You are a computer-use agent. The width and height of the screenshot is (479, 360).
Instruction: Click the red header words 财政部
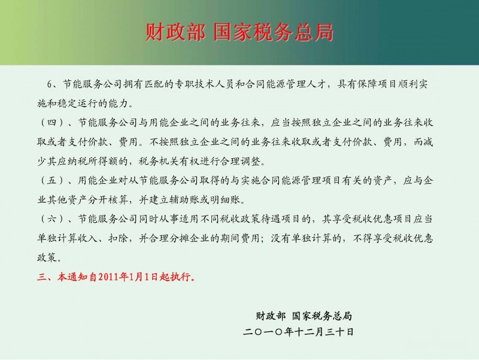[x=175, y=32]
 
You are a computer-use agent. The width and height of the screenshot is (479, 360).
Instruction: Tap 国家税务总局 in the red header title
[x=273, y=32]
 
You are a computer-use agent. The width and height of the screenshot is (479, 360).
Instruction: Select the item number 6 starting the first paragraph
[x=50, y=84]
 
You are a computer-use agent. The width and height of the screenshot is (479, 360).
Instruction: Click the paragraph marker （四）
[x=52, y=123]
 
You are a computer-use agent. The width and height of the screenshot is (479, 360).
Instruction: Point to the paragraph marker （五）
[x=52, y=180]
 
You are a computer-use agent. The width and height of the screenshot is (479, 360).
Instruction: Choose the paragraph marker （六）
[x=52, y=219]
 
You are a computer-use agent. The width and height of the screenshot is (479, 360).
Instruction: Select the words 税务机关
[x=159, y=161]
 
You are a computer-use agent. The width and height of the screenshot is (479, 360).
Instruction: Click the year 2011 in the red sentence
[x=108, y=277]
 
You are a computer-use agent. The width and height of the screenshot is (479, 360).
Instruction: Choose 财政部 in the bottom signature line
[x=271, y=316]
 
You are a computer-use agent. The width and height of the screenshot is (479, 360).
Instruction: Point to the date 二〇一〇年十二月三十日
[x=298, y=332]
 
